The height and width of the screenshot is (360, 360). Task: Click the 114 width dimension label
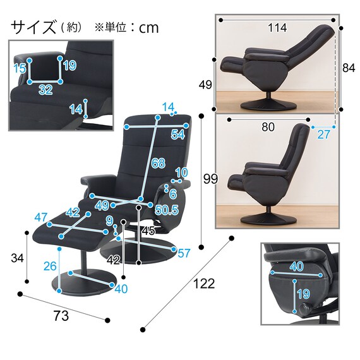pos(277,28)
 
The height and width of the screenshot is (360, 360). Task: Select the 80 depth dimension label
pos(268,127)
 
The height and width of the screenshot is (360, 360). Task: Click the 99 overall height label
pos(210,179)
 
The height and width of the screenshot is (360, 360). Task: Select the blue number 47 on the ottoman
pos(42,218)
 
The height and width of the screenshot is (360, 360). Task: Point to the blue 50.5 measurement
pos(165,210)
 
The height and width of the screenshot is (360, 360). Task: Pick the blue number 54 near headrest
pos(177,135)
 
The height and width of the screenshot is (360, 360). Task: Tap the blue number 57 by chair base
pos(184,253)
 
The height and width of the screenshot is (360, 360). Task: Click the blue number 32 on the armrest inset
pos(45,90)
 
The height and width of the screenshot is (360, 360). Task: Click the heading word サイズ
pos(33,27)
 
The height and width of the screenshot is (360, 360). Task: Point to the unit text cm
pos(149,28)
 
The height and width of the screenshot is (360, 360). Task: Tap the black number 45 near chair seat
pos(148,231)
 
